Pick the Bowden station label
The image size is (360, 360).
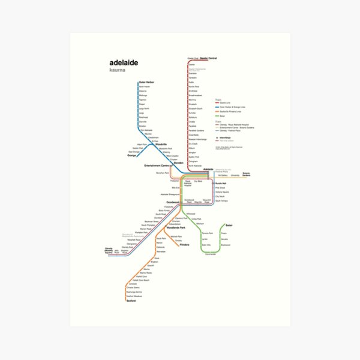pos(179,162)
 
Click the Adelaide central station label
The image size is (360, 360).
pos(208,169)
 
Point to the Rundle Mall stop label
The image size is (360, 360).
pos(220,184)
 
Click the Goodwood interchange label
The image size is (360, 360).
pos(173,202)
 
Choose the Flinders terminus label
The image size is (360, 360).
pos(184,245)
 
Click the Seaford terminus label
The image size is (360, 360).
pos(131,301)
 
